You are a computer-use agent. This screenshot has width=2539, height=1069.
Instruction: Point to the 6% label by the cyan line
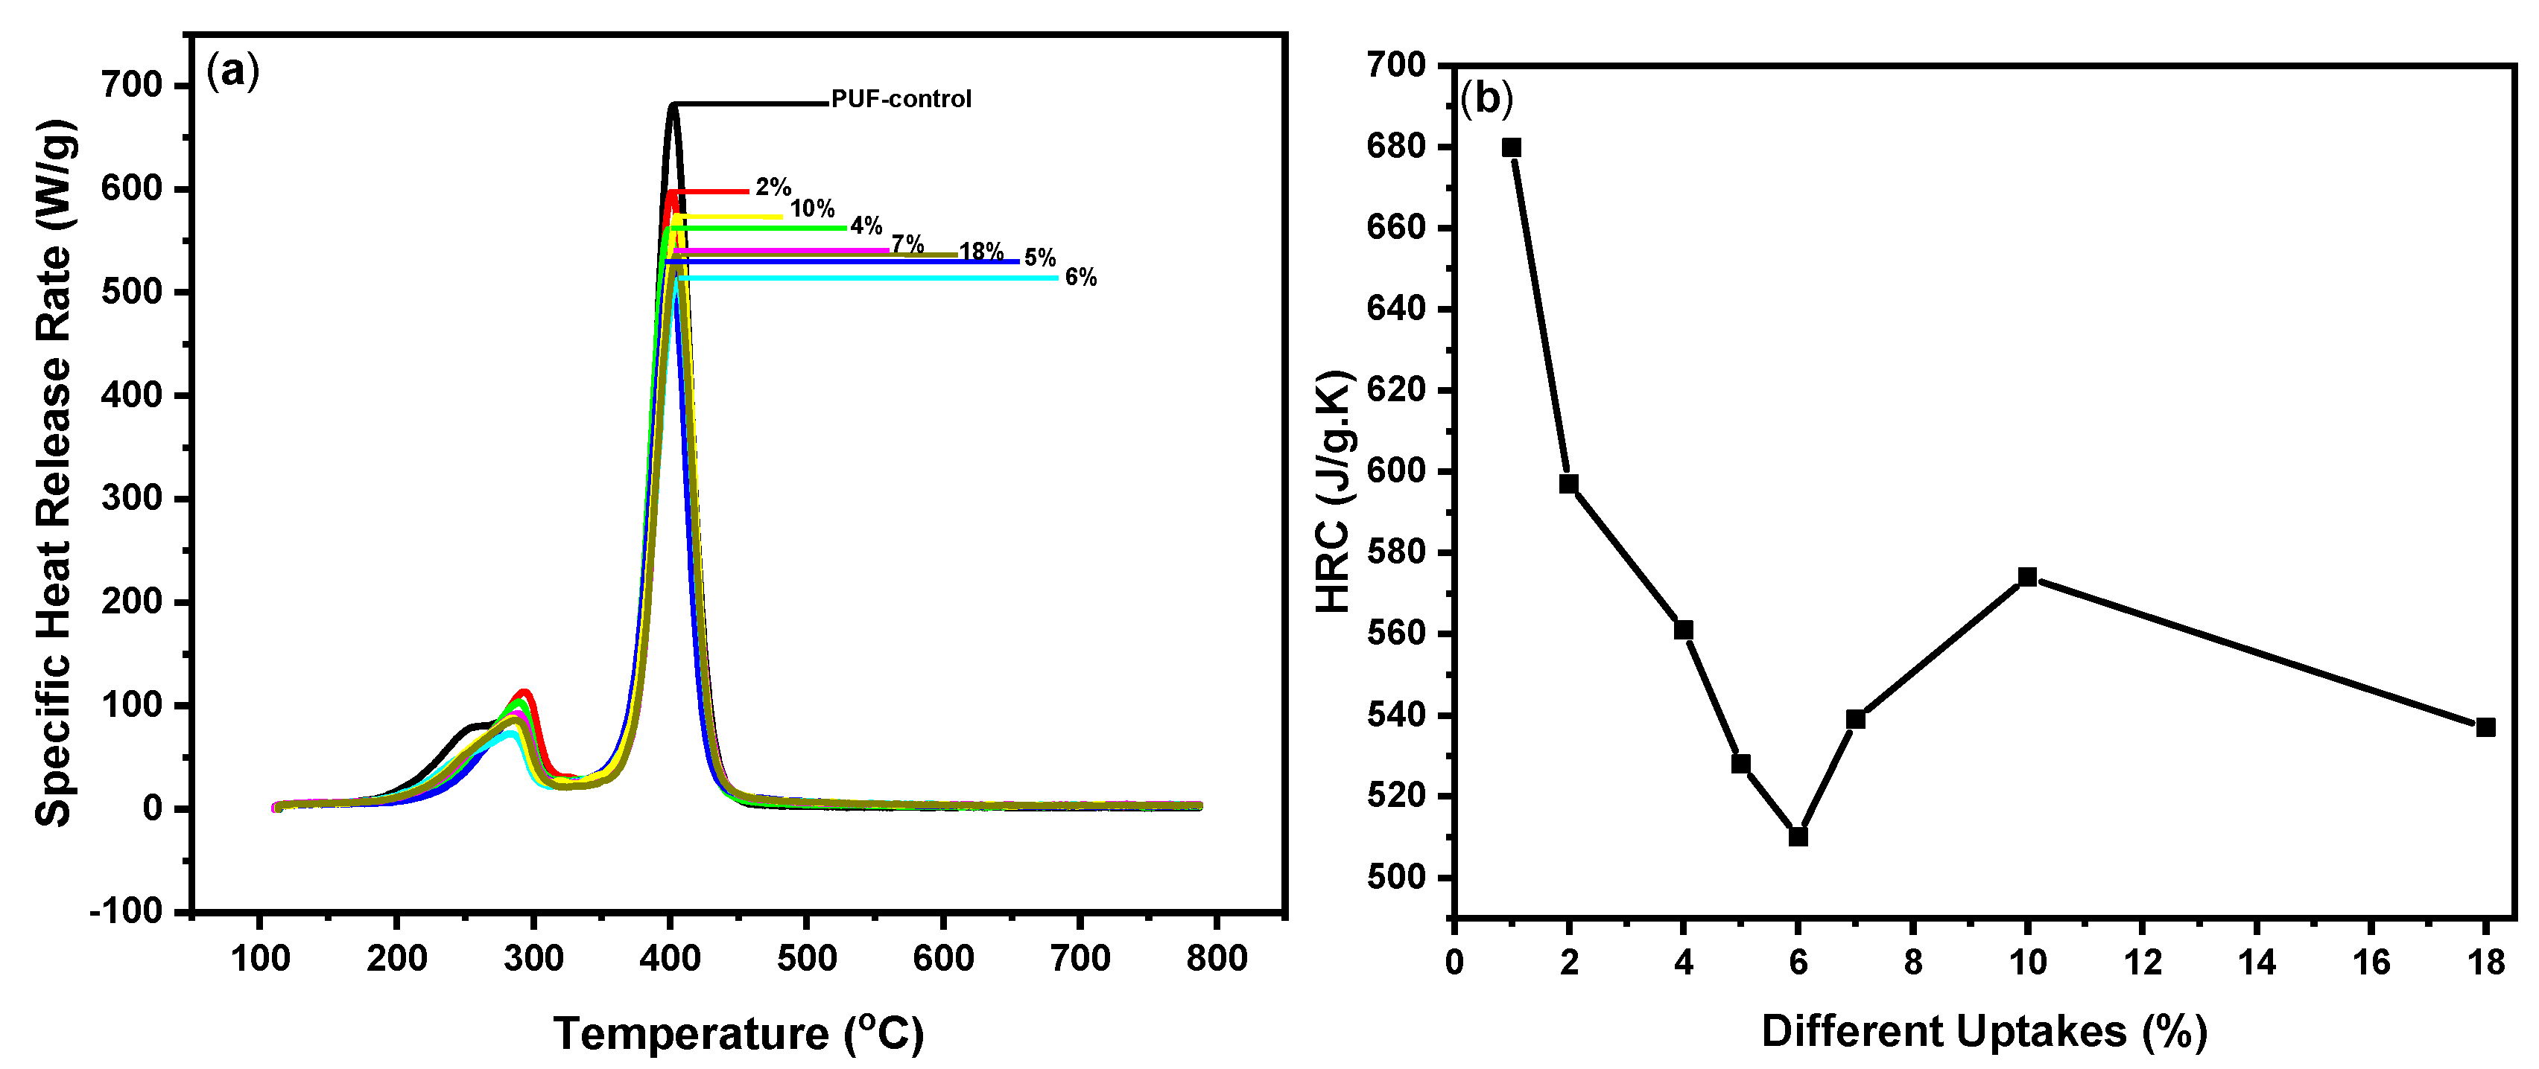coord(1080,278)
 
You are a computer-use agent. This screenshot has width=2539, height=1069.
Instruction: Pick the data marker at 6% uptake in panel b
coord(1798,837)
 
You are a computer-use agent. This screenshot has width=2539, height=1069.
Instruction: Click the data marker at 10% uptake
coord(2027,576)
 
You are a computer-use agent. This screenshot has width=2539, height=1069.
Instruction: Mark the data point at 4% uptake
coord(1684,630)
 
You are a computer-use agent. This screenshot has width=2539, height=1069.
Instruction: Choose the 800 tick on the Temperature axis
coord(1217,957)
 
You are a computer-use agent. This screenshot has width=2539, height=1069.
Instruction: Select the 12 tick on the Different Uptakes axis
coord(2142,962)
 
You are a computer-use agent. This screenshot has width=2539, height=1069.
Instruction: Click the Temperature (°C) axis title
coord(738,1033)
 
